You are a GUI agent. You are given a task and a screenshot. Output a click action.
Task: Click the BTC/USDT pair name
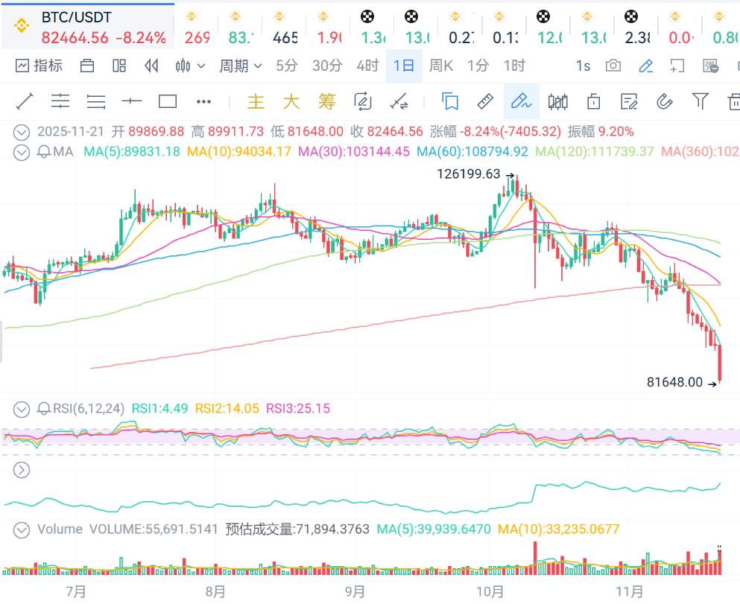[76, 16]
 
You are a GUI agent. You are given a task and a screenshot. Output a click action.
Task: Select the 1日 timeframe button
[404, 66]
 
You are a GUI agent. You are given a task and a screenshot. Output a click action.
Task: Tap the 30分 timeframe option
[327, 66]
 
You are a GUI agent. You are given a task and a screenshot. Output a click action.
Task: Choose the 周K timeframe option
[441, 66]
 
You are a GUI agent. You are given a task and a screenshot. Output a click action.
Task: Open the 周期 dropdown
[240, 66]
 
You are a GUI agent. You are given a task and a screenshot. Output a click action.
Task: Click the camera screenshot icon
[613, 66]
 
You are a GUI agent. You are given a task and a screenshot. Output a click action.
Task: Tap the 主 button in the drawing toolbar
[256, 101]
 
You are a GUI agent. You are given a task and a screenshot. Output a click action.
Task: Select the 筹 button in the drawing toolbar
[327, 101]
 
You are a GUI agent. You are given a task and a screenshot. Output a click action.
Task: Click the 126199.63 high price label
[469, 174]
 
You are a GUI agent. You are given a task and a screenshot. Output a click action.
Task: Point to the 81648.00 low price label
[674, 382]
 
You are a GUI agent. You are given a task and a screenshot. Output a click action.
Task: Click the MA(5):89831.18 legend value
[132, 152]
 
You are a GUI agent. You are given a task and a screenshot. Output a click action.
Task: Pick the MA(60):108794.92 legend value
[472, 152]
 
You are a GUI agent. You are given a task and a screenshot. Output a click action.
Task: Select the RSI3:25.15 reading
[298, 408]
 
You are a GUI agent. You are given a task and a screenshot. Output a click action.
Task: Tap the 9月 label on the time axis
[355, 592]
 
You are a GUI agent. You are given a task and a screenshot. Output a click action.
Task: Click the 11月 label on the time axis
[630, 592]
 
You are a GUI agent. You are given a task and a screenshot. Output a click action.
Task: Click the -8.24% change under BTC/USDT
[142, 38]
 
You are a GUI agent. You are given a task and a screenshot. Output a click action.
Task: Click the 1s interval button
[583, 66]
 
